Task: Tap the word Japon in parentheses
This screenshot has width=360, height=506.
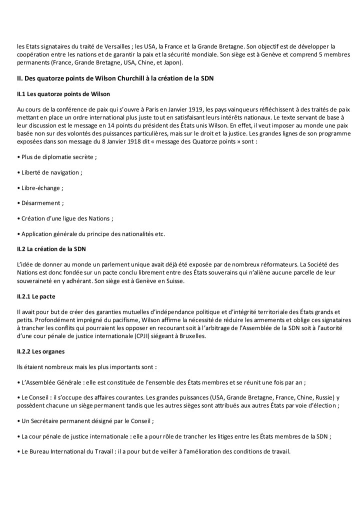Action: (172, 62)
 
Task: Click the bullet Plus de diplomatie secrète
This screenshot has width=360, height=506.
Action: (58, 157)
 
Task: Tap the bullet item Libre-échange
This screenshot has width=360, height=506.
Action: (42, 187)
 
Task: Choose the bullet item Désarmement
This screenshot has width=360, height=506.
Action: (42, 203)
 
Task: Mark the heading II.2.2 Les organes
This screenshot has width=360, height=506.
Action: (40, 351)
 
